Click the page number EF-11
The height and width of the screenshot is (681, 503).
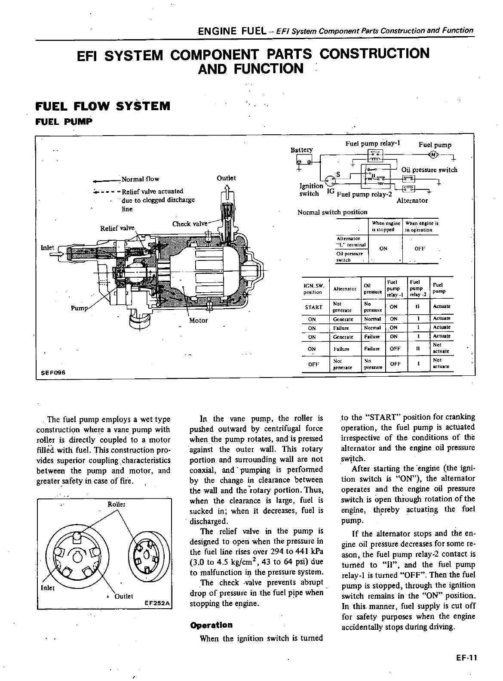[466, 658]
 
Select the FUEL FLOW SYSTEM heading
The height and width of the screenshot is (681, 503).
[103, 106]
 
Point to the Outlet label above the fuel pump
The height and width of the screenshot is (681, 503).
[226, 178]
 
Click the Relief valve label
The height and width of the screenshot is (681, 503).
[117, 228]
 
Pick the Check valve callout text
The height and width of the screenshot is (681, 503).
[190, 224]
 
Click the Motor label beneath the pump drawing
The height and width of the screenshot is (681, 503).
[198, 320]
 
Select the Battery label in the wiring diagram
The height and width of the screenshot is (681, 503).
[302, 150]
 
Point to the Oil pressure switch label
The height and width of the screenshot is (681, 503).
[429, 170]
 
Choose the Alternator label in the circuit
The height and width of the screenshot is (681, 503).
[412, 201]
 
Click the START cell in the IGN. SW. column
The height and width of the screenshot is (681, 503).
[313, 307]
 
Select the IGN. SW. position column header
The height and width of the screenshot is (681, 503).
[313, 288]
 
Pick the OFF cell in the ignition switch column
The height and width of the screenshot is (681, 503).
[313, 364]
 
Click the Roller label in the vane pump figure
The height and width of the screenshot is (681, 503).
[117, 504]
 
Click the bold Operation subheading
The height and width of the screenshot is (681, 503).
[211, 625]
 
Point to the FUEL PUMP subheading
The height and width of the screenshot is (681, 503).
[64, 122]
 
